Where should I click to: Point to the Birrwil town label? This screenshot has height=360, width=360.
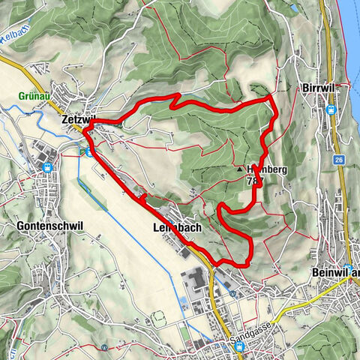[320, 88]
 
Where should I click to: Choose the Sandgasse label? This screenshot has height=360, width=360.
[250, 328]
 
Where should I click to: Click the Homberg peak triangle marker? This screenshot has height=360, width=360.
[241, 169]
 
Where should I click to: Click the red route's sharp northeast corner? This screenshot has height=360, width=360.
[271, 97]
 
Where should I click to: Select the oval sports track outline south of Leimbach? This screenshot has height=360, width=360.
[183, 303]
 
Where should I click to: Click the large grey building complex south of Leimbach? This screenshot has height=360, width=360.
[196, 282]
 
